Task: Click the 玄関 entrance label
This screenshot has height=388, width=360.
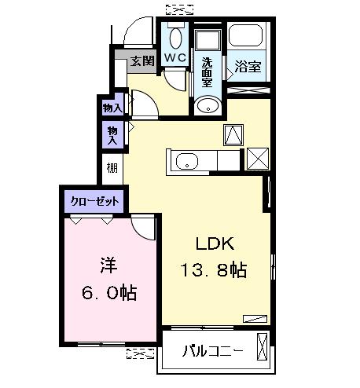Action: point(141,60)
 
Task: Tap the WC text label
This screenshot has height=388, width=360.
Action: point(174,57)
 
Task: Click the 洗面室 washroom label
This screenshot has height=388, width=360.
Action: point(207,71)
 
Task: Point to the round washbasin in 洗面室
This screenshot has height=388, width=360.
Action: point(208,106)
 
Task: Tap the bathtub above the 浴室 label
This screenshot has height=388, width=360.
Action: point(248,38)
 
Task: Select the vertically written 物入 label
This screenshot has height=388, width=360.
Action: point(113,135)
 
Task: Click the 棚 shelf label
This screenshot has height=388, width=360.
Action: point(112,167)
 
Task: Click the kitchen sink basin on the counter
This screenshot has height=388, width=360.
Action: point(187,162)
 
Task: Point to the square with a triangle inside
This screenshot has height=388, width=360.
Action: point(234,135)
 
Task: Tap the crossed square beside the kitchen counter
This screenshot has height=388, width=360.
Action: point(257,158)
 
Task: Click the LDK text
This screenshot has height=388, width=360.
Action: point(210,243)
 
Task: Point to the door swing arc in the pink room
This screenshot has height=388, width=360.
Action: point(142,229)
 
